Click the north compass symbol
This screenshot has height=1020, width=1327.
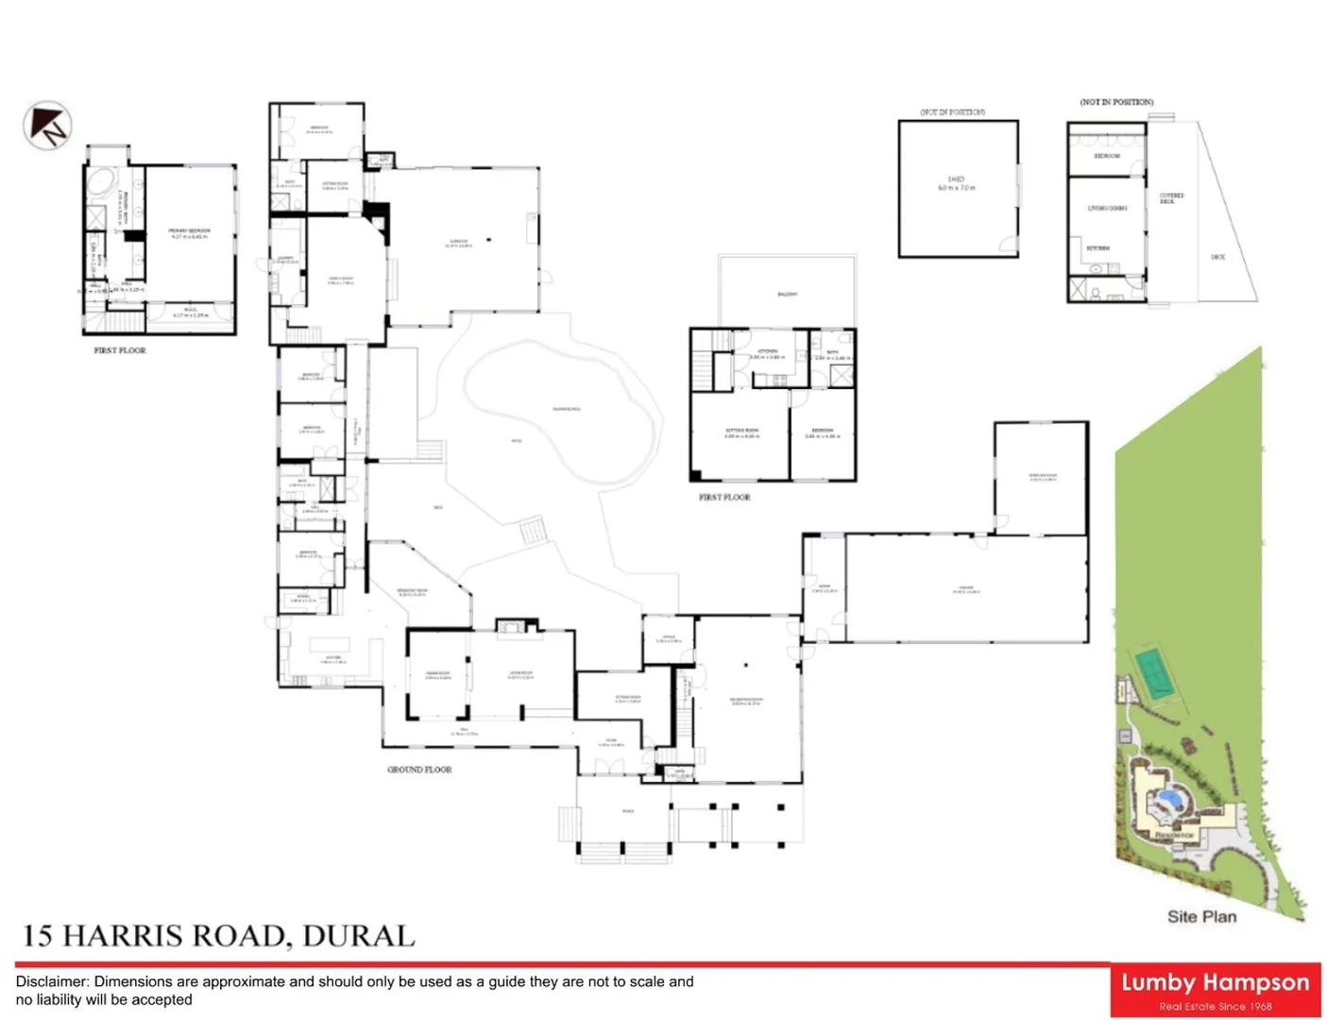pyautogui.click(x=47, y=126)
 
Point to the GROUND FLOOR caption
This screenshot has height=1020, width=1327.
pyautogui.click(x=419, y=770)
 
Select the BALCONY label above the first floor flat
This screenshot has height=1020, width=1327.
pyautogui.click(x=787, y=295)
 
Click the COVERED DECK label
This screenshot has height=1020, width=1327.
pyautogui.click(x=1171, y=198)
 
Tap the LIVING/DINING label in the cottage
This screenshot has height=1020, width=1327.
pyautogui.click(x=1107, y=208)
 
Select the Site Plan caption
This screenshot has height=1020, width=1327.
pyautogui.click(x=1201, y=916)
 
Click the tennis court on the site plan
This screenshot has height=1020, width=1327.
pyautogui.click(x=1152, y=672)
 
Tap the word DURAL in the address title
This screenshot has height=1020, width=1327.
pyautogui.click(x=358, y=936)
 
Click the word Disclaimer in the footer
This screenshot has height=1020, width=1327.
pyautogui.click(x=52, y=982)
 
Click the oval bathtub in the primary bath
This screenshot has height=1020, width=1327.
pyautogui.click(x=100, y=182)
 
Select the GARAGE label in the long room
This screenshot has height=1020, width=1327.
pyautogui.click(x=966, y=589)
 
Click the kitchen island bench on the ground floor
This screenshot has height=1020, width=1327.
pyautogui.click(x=330, y=645)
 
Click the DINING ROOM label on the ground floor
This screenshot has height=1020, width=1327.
pyautogui.click(x=437, y=674)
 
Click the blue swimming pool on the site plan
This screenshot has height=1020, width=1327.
pyautogui.click(x=1169, y=799)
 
